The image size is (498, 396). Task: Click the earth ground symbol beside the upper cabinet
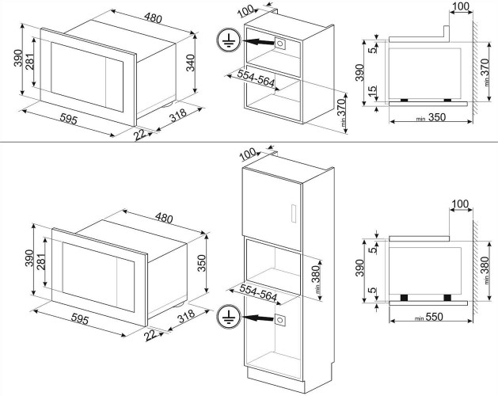coord(226,40)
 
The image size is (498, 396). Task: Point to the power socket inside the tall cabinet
coord(280,320)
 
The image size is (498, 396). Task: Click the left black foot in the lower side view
coord(404,297)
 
